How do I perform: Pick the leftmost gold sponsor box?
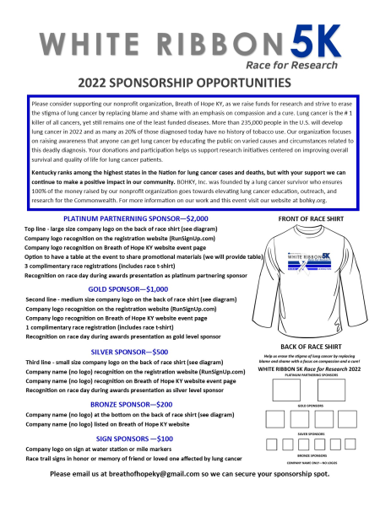275,419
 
